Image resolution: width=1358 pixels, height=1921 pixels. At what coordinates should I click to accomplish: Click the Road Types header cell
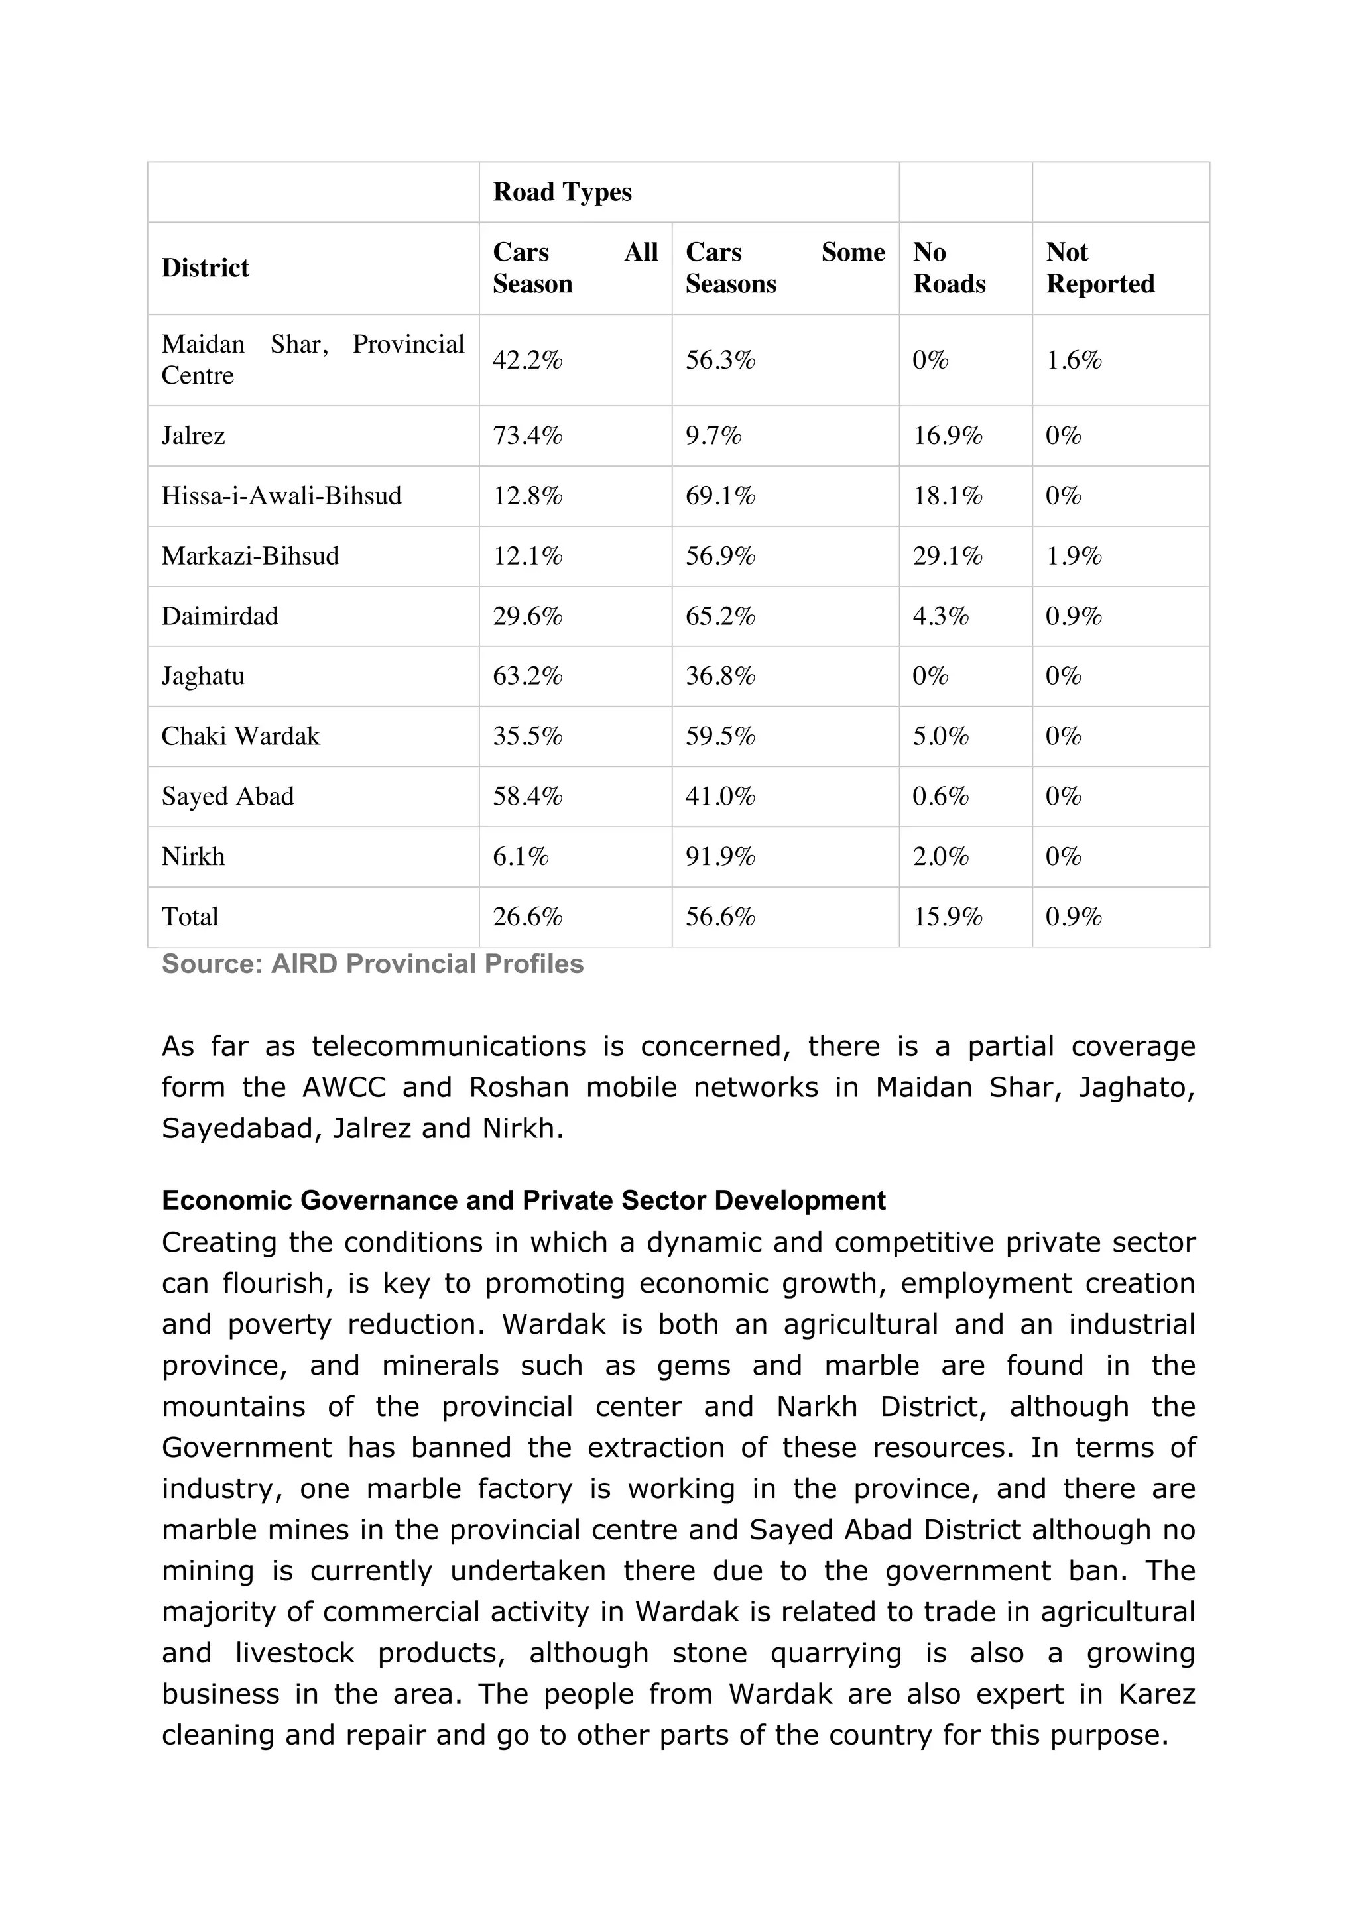pyautogui.click(x=562, y=192)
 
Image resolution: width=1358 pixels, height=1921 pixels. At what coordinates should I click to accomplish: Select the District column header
pyautogui.click(x=205, y=268)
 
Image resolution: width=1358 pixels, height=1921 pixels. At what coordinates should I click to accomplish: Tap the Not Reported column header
pyautogui.click(x=1099, y=268)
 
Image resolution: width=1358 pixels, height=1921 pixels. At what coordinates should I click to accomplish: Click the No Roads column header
pyautogui.click(x=949, y=268)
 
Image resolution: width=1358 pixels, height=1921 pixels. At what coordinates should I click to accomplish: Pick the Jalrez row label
pyautogui.click(x=193, y=436)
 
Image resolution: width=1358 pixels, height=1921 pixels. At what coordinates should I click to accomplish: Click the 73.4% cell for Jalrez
pyautogui.click(x=527, y=436)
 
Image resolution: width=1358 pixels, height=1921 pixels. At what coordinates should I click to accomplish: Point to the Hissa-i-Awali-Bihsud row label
pyautogui.click(x=281, y=496)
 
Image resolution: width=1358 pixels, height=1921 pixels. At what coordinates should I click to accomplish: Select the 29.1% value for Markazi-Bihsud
pyautogui.click(x=947, y=556)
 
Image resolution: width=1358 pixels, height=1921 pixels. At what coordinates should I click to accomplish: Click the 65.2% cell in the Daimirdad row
pyautogui.click(x=719, y=616)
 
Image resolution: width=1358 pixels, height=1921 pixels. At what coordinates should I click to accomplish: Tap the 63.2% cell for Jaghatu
pyautogui.click(x=527, y=676)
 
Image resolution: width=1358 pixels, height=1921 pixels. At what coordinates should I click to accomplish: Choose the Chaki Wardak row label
pyautogui.click(x=240, y=736)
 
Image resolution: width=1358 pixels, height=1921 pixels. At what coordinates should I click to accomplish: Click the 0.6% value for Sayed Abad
pyautogui.click(x=940, y=797)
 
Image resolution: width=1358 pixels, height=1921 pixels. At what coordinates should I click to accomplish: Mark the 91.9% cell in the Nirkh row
pyautogui.click(x=719, y=856)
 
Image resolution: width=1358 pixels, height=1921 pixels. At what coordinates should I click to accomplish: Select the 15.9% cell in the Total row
pyautogui.click(x=947, y=917)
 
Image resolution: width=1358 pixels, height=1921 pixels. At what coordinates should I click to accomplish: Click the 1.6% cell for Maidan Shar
pyautogui.click(x=1074, y=361)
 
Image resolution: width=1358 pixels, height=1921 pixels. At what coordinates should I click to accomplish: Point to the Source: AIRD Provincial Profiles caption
pyautogui.click(x=373, y=964)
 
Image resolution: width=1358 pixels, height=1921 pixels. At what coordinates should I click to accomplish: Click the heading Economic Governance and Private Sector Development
pyautogui.click(x=523, y=1200)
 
